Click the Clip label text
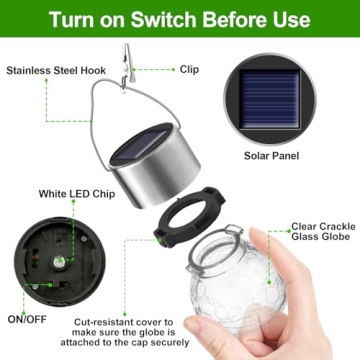(190, 70)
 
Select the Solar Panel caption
(272, 156)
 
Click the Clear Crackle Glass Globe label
(320, 233)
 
